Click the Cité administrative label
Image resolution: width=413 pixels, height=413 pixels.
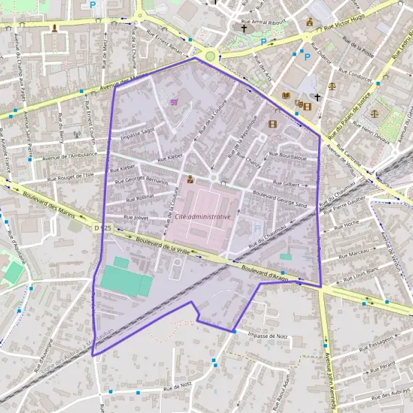click(x=203, y=216)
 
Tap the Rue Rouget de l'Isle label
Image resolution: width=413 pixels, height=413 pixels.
click(x=70, y=176)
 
